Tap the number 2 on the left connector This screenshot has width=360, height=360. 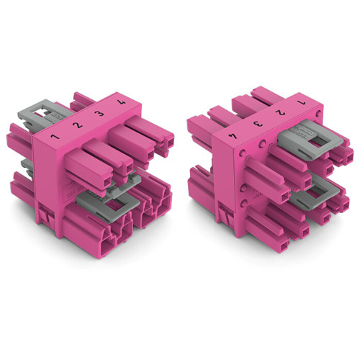click(x=76, y=127)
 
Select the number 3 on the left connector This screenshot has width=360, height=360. click(x=99, y=115)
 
